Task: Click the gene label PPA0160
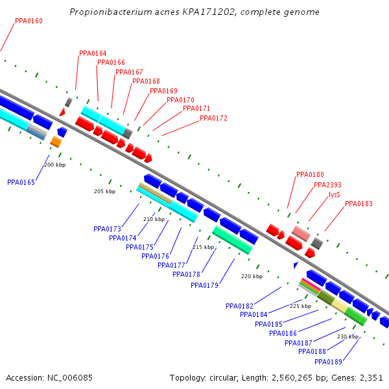click(x=29, y=21)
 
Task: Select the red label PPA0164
click(x=93, y=54)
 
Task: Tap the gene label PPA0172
click(x=213, y=118)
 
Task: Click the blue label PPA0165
click(x=21, y=182)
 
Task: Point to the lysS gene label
click(x=334, y=194)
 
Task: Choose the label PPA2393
click(x=327, y=185)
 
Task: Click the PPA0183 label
click(x=359, y=204)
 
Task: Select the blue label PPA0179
click(x=204, y=285)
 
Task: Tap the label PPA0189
click(x=328, y=362)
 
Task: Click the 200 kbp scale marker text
click(x=55, y=165)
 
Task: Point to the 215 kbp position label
click(x=203, y=247)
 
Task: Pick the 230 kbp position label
click(x=348, y=336)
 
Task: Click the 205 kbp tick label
click(x=104, y=191)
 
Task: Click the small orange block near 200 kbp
click(x=56, y=141)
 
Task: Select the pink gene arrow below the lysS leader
click(x=301, y=233)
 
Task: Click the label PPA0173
click(x=107, y=229)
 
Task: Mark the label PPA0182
click(x=239, y=305)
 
